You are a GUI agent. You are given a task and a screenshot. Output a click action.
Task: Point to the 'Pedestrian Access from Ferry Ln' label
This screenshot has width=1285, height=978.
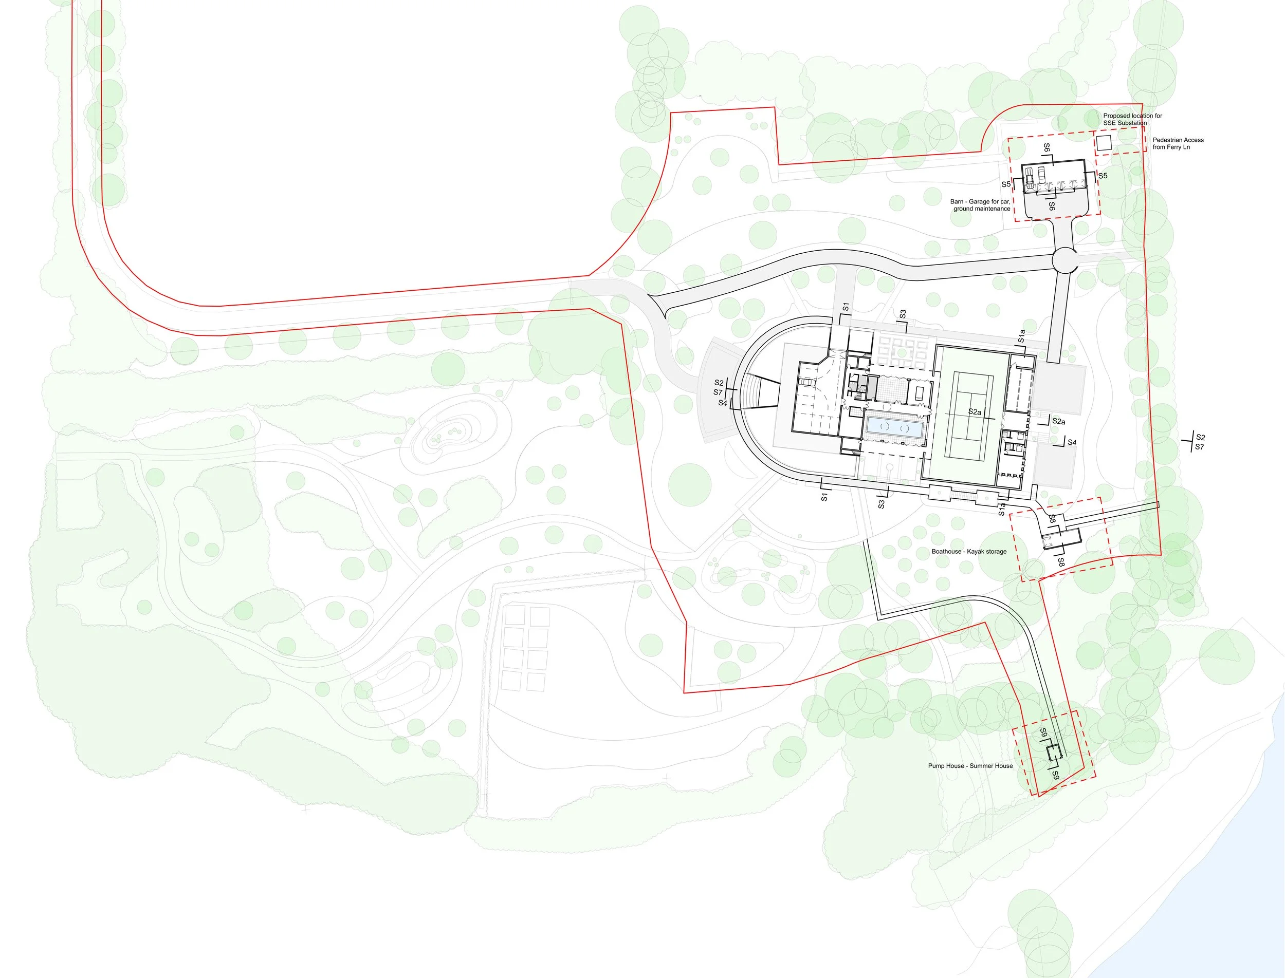tap(1178, 143)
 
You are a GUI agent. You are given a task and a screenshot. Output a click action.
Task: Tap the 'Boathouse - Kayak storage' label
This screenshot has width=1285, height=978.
tap(969, 551)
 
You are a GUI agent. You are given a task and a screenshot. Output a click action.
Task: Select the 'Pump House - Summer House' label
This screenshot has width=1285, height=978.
tap(970, 765)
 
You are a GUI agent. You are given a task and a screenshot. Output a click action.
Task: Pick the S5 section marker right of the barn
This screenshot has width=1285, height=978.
tap(1103, 176)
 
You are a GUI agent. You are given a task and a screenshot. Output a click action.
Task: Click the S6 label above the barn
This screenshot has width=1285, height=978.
tap(1047, 148)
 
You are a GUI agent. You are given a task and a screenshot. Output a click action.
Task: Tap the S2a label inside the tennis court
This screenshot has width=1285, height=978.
tap(975, 412)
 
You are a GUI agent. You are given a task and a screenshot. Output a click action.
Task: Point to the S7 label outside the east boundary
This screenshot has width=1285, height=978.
tap(1199, 447)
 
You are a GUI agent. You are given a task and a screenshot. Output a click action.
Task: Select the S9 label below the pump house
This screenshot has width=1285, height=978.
tap(1055, 775)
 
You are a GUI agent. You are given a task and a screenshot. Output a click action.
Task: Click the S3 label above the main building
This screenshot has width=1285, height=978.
tap(902, 314)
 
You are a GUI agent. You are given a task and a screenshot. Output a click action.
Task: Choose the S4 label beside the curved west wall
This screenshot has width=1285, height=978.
tap(722, 403)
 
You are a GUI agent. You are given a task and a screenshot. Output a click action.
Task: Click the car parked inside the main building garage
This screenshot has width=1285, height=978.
tap(807, 383)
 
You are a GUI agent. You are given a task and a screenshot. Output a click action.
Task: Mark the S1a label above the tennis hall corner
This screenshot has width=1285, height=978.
tap(1021, 336)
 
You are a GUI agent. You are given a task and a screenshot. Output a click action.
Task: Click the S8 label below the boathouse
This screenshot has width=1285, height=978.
tap(1061, 562)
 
